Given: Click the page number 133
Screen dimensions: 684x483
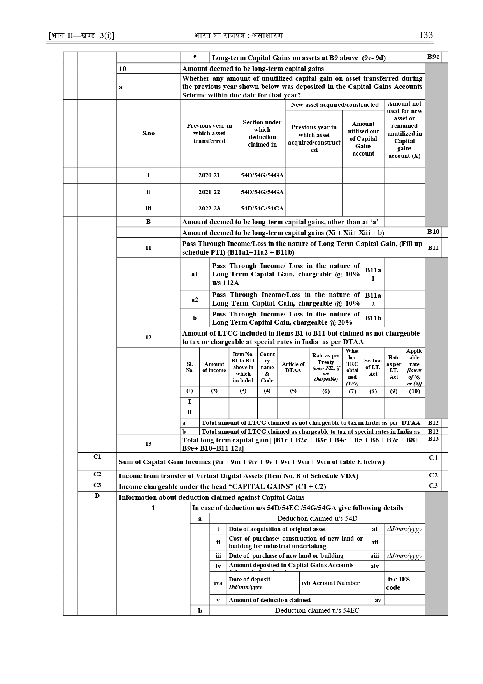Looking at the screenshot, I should click(426, 35).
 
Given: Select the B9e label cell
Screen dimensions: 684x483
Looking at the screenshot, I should click(433, 57).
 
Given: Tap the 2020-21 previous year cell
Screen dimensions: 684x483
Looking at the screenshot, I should click(209, 175).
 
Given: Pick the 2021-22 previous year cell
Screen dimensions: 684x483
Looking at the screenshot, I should click(209, 192).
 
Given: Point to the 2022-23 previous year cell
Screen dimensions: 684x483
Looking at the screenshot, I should click(209, 209).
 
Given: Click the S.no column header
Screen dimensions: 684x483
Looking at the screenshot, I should click(148, 133).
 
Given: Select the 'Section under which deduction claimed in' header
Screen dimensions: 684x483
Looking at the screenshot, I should click(262, 133).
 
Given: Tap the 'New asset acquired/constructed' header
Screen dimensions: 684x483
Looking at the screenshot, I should click(335, 105).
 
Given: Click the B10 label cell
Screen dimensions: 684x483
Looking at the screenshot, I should click(433, 232).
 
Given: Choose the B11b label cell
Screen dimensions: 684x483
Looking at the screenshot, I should click(373, 318).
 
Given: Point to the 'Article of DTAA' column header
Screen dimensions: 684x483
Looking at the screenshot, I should click(293, 367).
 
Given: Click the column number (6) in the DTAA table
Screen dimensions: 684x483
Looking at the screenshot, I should click(326, 391).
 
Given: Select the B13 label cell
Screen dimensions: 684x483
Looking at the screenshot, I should click(433, 439).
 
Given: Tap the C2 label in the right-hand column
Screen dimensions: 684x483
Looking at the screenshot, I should click(433, 475).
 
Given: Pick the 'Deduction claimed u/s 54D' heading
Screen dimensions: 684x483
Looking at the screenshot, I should click(317, 518).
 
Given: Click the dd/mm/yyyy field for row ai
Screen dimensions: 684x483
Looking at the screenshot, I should click(404, 529).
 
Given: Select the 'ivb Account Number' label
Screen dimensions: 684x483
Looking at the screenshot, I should click(330, 583).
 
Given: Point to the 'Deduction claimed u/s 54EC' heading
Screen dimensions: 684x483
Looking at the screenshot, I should click(317, 610).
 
